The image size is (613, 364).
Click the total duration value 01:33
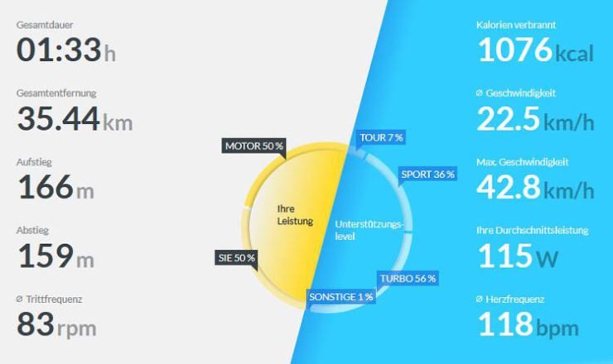[59, 50]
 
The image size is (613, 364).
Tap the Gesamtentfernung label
[56, 93]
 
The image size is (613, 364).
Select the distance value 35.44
[58, 119]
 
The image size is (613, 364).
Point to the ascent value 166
[46, 187]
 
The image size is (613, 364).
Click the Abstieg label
[32, 231]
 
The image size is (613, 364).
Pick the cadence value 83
[36, 324]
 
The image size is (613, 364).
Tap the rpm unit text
[76, 328]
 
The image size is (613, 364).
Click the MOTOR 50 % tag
[253, 146]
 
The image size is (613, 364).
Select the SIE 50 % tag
[236, 258]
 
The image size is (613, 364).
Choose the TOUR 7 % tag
[381, 137]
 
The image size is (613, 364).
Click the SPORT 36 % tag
[427, 175]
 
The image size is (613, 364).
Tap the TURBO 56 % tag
[408, 279]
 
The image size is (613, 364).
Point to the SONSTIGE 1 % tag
[341, 297]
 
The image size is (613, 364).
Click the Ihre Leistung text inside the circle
[295, 215]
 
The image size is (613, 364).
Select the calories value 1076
[515, 50]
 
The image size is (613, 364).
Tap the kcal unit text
[574, 54]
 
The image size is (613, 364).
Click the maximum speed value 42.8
[509, 187]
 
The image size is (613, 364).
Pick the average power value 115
[505, 256]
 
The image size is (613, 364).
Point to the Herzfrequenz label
[515, 299]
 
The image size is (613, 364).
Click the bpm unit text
[557, 328]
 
